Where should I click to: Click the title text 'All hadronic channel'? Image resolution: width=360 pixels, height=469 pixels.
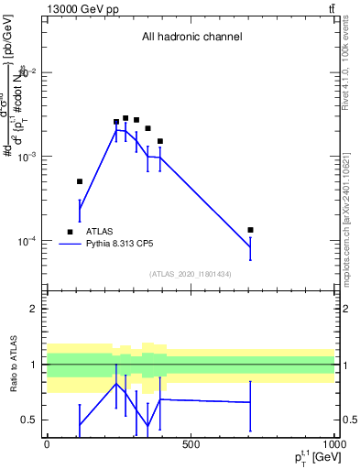click(191, 38)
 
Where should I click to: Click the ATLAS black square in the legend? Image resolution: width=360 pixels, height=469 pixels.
click(70, 232)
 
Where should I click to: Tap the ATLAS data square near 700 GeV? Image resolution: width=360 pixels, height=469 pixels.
click(250, 230)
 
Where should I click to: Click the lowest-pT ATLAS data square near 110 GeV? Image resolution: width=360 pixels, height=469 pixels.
click(80, 181)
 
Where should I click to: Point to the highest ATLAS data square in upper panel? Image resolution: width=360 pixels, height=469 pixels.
click(125, 118)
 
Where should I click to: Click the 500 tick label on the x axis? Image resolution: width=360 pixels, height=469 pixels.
click(191, 444)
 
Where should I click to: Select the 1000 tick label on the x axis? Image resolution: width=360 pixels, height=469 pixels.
click(333, 444)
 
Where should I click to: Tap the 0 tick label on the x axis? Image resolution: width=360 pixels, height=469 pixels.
click(47, 444)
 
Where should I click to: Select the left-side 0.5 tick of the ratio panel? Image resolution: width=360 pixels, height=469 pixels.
click(29, 420)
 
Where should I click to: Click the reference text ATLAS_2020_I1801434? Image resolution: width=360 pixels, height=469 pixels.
click(191, 274)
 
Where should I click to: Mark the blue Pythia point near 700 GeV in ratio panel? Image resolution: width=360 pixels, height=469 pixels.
click(250, 402)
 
